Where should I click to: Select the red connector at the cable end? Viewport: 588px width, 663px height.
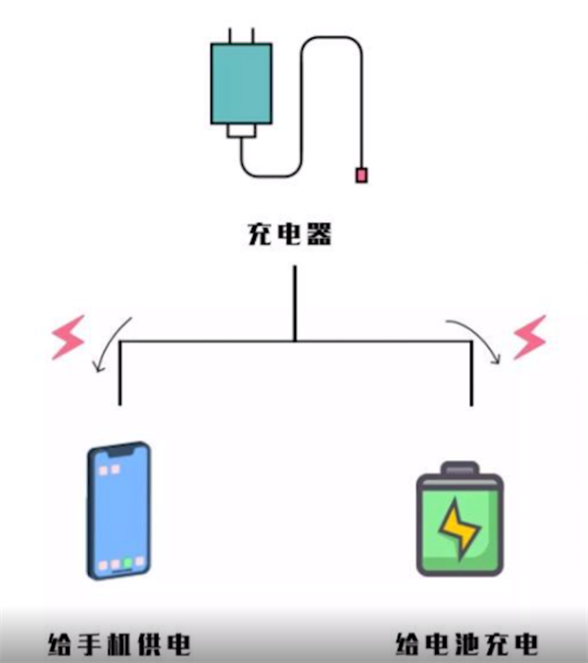click(361, 175)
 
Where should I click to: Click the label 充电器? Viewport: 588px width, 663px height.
click(289, 235)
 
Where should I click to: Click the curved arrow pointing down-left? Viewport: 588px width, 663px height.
click(110, 343)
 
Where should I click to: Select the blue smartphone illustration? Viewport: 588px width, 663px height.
click(119, 510)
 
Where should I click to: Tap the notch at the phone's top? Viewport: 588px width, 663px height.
click(120, 454)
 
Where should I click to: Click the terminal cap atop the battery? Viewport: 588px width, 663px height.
click(459, 468)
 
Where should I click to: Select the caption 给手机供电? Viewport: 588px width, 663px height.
click(118, 644)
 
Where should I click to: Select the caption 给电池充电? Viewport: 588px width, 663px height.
click(466, 644)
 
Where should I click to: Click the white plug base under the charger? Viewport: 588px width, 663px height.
click(241, 131)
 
